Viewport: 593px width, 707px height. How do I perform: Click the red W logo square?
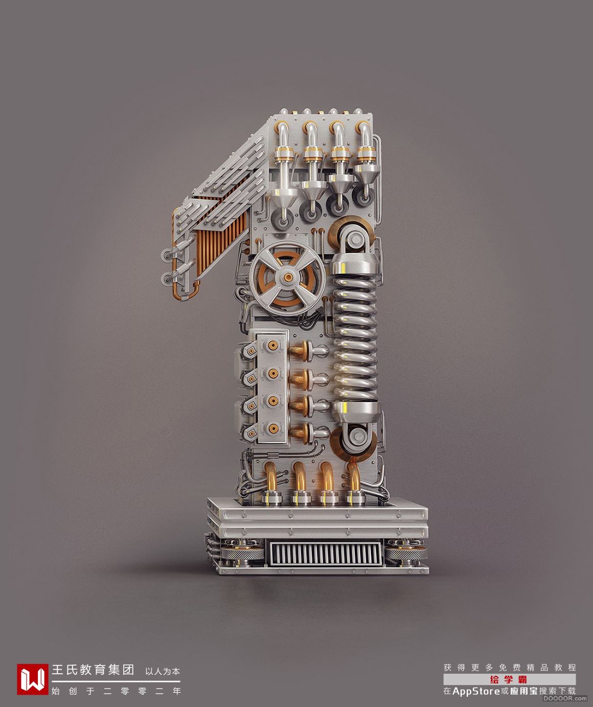click(33, 679)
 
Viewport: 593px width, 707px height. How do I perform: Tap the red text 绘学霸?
click(509, 679)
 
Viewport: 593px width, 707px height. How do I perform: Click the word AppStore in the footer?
click(476, 691)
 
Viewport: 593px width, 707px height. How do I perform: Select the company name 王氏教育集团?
click(93, 669)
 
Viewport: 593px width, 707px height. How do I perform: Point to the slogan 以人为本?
click(163, 671)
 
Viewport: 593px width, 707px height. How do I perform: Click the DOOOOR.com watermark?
click(565, 698)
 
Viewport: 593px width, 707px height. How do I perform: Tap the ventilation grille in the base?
click(325, 554)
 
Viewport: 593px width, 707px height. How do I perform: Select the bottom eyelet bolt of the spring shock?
click(355, 435)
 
